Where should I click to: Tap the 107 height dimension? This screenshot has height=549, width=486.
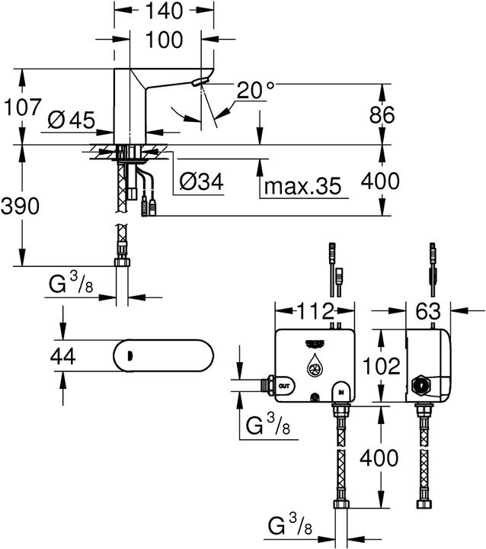(x=21, y=107)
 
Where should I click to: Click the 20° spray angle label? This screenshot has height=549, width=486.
(x=255, y=90)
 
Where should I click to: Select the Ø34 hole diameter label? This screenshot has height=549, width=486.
(x=202, y=182)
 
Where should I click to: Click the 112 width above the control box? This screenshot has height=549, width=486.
(x=314, y=311)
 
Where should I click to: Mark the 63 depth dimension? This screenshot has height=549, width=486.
(x=429, y=311)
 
